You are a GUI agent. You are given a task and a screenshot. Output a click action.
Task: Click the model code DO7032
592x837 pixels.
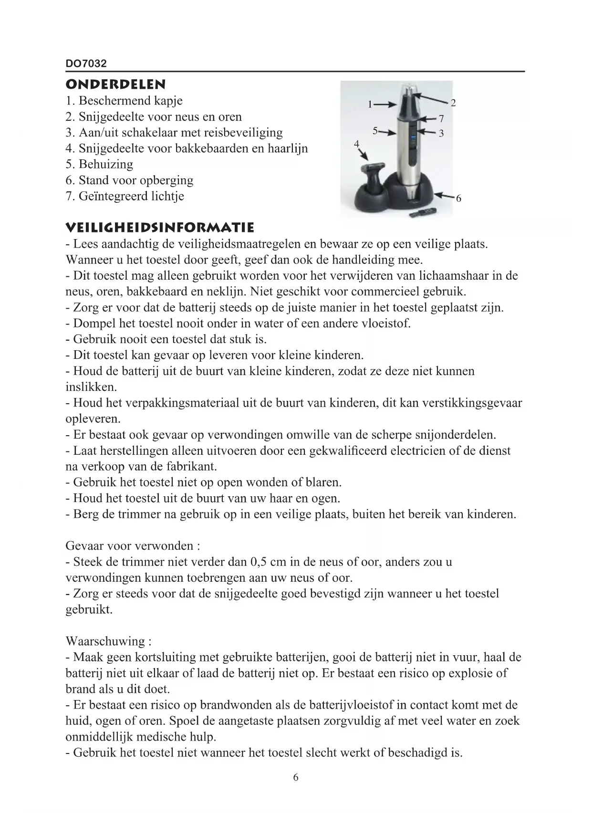(x=86, y=63)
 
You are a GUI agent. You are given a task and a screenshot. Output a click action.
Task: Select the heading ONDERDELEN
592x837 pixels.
(x=115, y=84)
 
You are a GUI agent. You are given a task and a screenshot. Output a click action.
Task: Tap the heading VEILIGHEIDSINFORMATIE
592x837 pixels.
(x=160, y=227)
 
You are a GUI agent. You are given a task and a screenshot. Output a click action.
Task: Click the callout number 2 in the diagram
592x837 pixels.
(x=453, y=103)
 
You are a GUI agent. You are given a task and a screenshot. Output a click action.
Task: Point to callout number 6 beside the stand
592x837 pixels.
(x=458, y=199)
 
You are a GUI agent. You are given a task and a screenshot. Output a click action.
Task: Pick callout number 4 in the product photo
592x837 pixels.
(x=356, y=144)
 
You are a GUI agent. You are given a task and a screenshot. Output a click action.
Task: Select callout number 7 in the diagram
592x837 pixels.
(x=441, y=118)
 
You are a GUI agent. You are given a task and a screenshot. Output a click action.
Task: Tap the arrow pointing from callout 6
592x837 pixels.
(x=443, y=196)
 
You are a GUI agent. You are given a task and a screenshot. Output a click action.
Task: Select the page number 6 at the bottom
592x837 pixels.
(x=296, y=777)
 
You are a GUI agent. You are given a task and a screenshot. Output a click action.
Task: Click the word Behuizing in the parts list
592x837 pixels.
(x=106, y=164)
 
